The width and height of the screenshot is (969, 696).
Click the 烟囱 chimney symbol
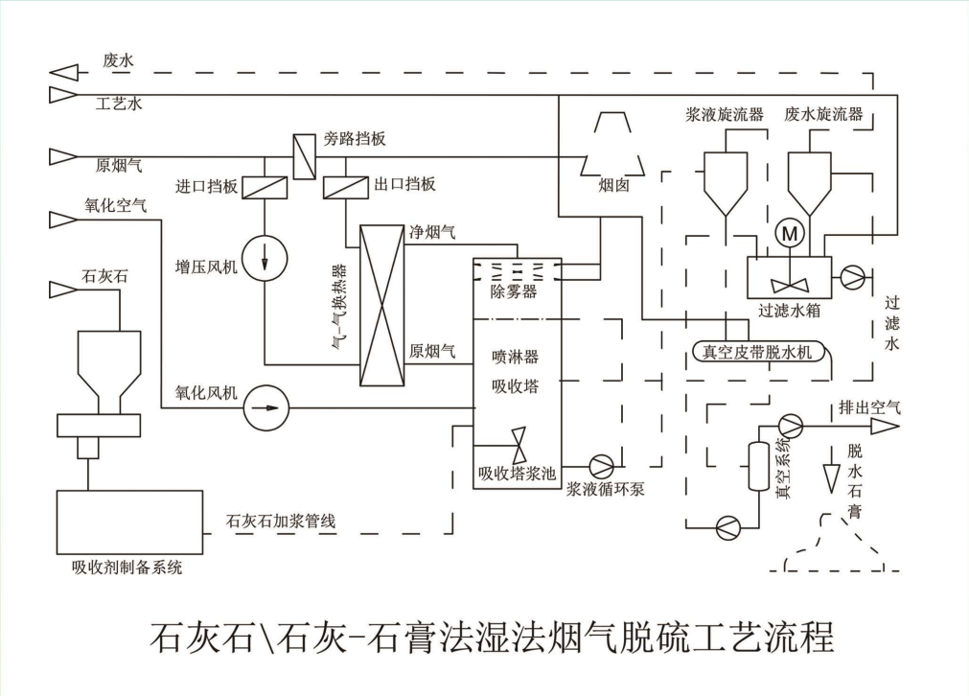608,143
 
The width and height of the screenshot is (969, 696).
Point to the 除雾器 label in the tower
514,291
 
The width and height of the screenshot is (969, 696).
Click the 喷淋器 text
515,357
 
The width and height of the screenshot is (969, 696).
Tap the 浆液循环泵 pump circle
602,466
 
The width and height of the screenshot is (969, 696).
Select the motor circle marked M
790,232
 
